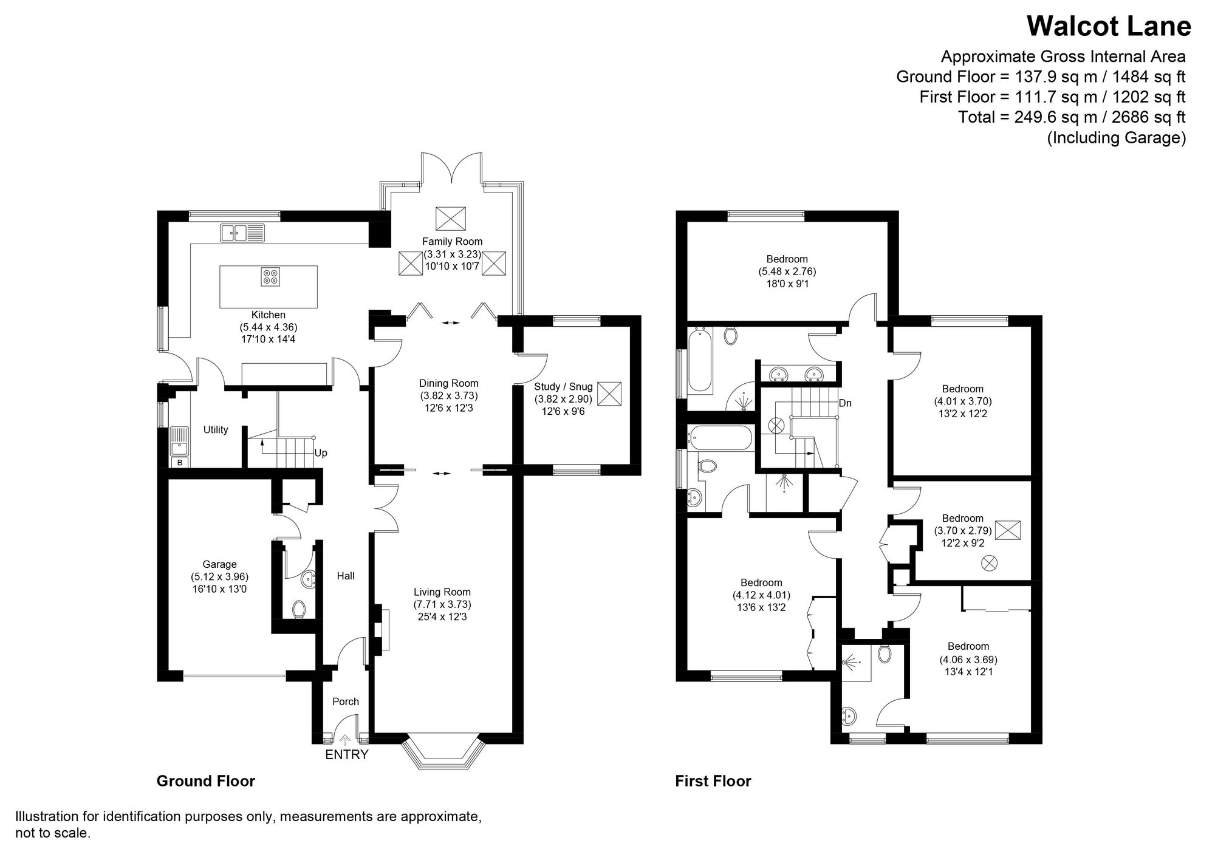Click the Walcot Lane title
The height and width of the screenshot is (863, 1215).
point(1108,27)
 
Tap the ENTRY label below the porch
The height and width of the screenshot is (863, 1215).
point(346,755)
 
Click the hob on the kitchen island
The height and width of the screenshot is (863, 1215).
point(270,277)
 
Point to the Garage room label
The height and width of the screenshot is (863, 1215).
point(219,564)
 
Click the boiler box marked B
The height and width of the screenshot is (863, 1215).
point(179,463)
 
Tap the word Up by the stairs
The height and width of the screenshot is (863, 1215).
point(321,453)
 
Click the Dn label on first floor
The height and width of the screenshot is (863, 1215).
point(845,403)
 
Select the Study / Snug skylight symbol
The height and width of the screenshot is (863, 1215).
point(609,394)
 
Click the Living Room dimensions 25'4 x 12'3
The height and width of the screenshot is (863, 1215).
point(442,617)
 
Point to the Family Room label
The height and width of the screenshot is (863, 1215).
point(452,242)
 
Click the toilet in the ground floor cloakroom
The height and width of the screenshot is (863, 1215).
point(299,609)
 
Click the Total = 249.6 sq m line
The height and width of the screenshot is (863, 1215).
point(1072,117)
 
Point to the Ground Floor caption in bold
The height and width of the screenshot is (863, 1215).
point(205,781)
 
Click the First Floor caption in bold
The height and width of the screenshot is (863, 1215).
point(713,781)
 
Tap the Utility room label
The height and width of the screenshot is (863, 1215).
point(216,430)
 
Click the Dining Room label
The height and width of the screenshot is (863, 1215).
point(448,383)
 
